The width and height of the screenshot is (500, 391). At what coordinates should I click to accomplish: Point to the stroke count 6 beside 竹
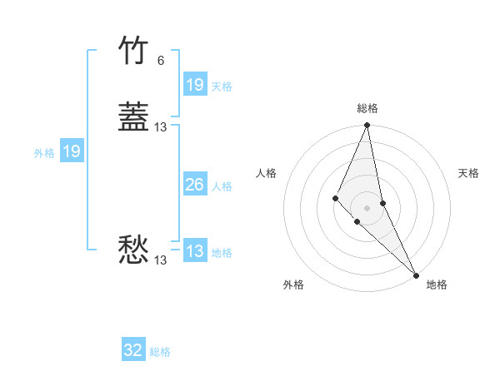[x=161, y=61]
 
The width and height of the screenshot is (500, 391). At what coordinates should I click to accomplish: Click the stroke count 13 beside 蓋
[x=161, y=127]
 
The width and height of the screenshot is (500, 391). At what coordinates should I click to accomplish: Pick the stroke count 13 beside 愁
[x=161, y=260]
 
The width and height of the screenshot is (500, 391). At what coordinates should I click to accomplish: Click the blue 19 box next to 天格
[x=195, y=85]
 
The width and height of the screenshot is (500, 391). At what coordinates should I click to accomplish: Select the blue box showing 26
[x=195, y=186]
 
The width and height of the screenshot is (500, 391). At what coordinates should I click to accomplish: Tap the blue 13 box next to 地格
[x=195, y=252]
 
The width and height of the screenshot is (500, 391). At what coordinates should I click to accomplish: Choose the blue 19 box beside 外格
[x=72, y=152]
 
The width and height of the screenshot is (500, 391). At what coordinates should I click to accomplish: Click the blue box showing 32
[x=133, y=351]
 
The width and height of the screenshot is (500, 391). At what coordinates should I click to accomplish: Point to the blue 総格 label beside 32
[x=160, y=352]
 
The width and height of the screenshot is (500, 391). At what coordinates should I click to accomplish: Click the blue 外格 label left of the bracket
[x=44, y=153]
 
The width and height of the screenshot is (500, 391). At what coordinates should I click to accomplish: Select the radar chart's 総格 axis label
[x=367, y=109]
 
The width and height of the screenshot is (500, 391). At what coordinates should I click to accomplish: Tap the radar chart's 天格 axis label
[x=468, y=173]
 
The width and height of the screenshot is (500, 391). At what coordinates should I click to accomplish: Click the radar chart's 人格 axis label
[x=266, y=173]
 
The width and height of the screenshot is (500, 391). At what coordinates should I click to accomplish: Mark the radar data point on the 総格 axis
[x=367, y=126]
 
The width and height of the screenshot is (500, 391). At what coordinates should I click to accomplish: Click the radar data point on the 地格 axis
[x=416, y=274]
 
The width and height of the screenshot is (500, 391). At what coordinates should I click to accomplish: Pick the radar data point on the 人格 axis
[x=335, y=198]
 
